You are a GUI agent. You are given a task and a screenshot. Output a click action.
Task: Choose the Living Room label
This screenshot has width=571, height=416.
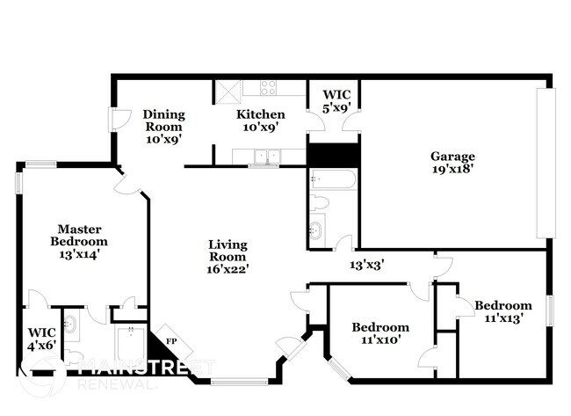pos(228,251)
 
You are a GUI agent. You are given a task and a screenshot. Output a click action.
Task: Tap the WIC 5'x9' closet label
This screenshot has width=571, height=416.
pos(337,100)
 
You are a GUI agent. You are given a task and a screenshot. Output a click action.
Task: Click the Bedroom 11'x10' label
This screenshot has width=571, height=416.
pos(380,333)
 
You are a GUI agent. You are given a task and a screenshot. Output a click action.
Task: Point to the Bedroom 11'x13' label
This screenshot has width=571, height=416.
pos(503,311)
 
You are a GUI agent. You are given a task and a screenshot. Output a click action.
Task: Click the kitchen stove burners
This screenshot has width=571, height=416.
pos(269,87)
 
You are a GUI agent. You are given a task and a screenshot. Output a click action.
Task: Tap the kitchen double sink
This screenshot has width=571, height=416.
pos(263,157)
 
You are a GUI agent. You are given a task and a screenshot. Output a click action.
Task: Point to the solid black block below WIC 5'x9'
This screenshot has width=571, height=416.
pos(333,154)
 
